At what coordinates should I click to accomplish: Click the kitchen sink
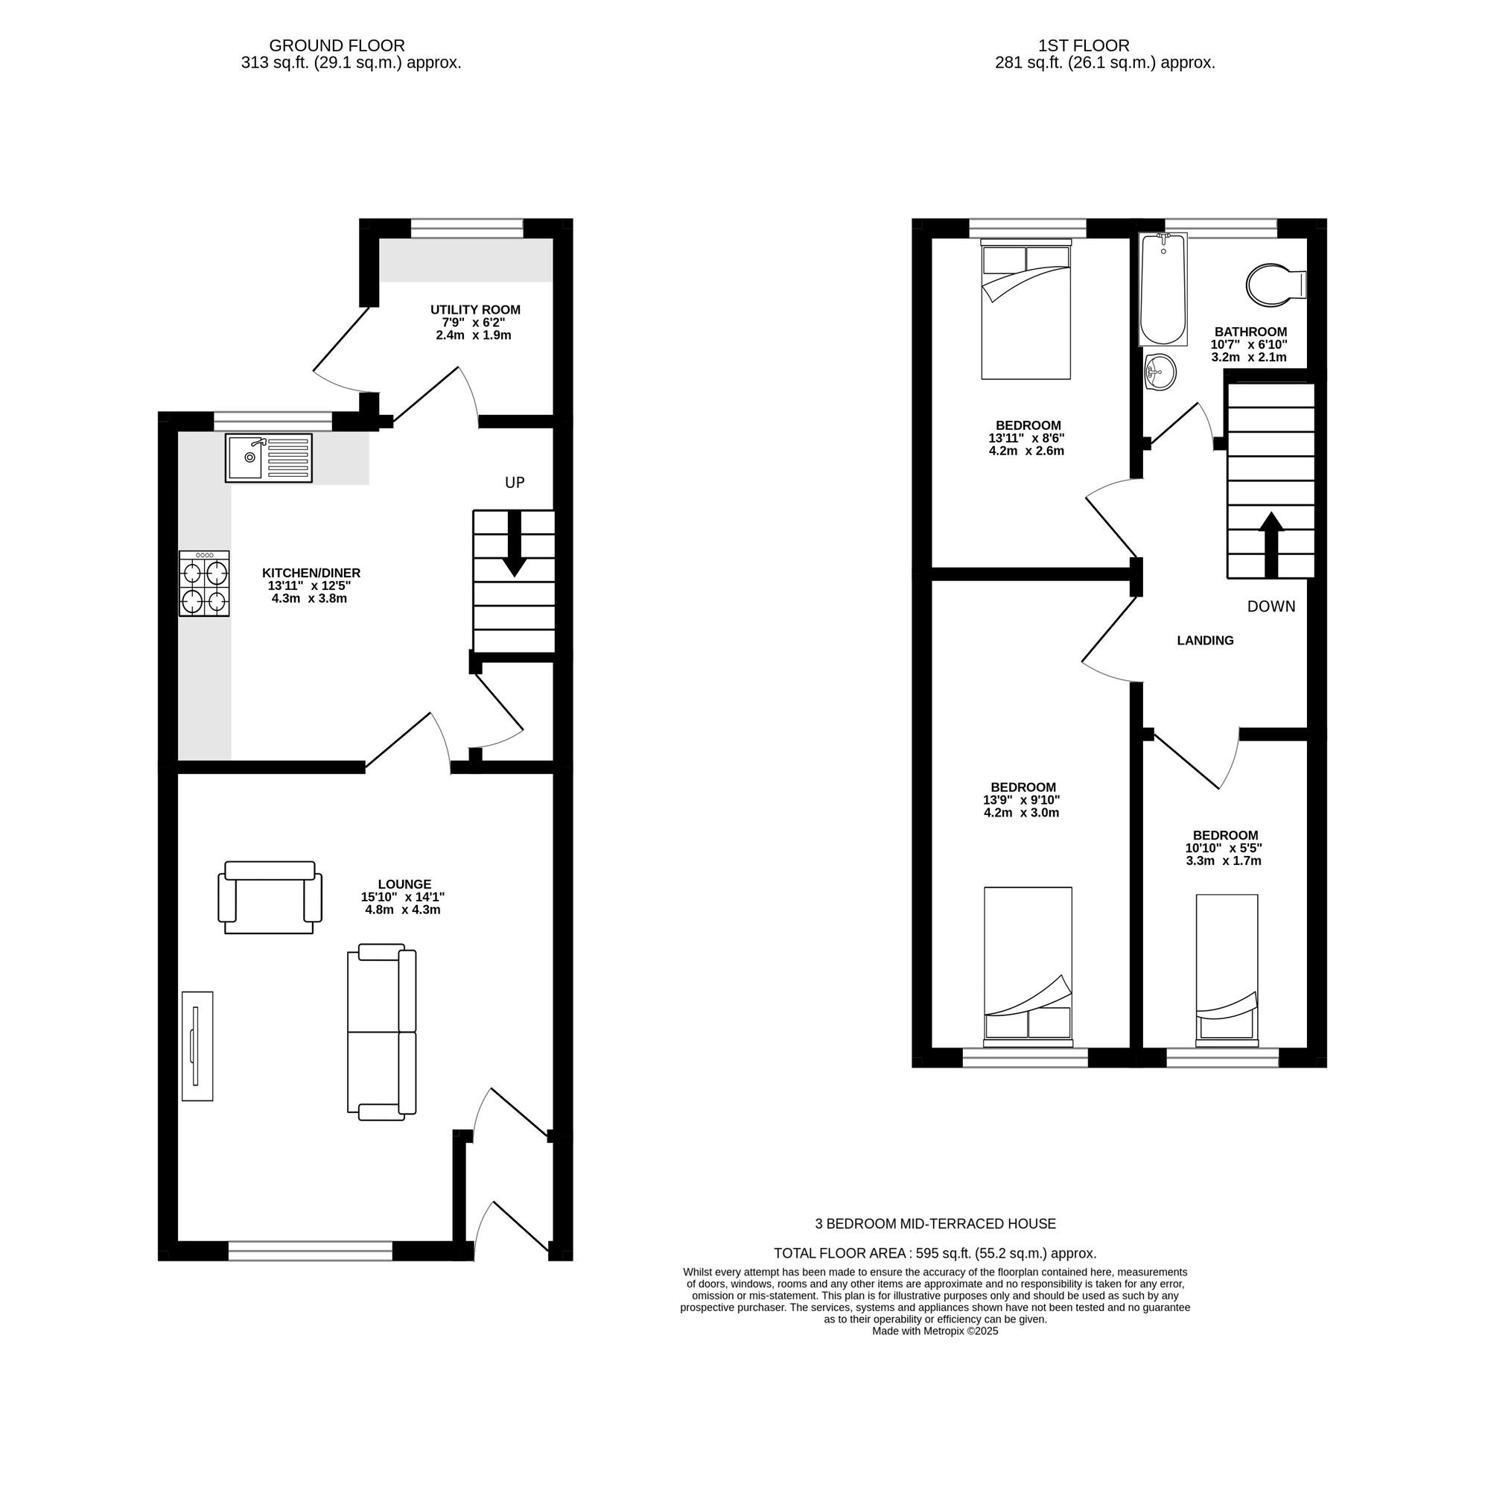268,458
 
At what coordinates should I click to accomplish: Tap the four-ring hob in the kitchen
204,584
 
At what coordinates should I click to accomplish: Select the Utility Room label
475,310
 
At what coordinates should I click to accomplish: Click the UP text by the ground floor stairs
515,483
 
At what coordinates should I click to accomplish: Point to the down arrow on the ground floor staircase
515,548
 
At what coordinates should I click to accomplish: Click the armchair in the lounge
270,897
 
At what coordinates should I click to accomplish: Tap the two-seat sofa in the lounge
381,1032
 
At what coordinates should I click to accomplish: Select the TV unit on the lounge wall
197,1046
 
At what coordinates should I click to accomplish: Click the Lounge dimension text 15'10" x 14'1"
402,897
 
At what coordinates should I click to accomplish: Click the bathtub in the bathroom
1163,289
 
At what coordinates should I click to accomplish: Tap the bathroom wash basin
1160,372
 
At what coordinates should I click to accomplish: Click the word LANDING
1205,640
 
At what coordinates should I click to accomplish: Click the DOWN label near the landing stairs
1271,606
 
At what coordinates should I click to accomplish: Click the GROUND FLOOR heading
337,46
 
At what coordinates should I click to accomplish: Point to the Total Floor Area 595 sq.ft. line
935,1253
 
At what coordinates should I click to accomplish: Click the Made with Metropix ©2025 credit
935,1331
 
